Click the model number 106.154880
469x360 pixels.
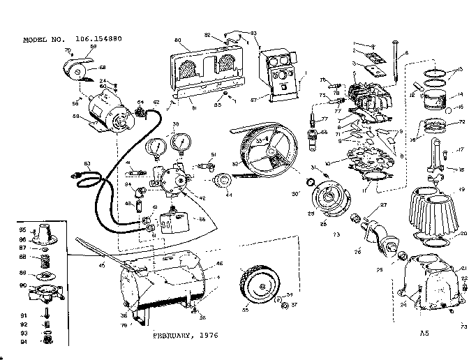coord(95,39)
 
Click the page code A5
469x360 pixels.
coord(424,333)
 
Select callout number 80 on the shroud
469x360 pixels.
coord(177,40)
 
